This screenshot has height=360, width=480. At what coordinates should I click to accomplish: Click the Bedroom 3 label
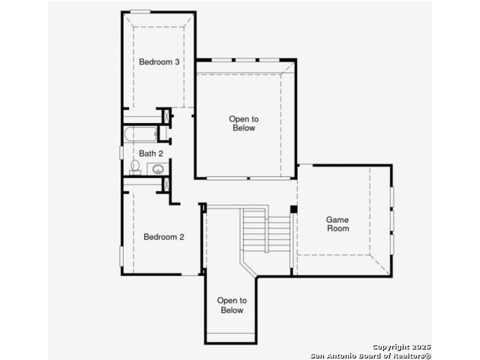pyautogui.click(x=159, y=61)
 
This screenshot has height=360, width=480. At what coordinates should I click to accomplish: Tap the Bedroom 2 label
pyautogui.click(x=163, y=237)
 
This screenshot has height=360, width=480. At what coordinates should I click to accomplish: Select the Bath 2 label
pyautogui.click(x=151, y=153)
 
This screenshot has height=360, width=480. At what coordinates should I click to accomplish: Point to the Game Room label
pyautogui.click(x=337, y=223)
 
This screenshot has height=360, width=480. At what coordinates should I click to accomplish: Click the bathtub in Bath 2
pyautogui.click(x=140, y=134)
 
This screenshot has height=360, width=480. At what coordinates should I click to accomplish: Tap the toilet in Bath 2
pyautogui.click(x=135, y=167)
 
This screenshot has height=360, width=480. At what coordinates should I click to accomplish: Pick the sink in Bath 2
pyautogui.click(x=158, y=169)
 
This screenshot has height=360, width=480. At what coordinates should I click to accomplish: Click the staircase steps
pyautogui.click(x=265, y=229)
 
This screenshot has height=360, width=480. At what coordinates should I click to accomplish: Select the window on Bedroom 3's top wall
pyautogui.click(x=140, y=12)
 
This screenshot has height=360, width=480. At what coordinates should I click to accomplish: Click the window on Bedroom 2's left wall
pyautogui.click(x=121, y=256)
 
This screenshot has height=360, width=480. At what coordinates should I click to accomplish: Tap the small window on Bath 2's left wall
pyautogui.click(x=121, y=153)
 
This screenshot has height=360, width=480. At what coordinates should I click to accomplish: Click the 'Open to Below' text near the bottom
pyautogui.click(x=232, y=305)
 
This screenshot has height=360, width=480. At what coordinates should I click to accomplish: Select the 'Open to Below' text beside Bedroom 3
pyautogui.click(x=244, y=123)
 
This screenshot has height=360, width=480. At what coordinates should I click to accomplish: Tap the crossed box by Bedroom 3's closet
pyautogui.click(x=166, y=117)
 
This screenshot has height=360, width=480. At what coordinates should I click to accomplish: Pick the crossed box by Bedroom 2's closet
pyautogui.click(x=166, y=184)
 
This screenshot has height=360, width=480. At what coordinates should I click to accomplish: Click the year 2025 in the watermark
pyautogui.click(x=421, y=346)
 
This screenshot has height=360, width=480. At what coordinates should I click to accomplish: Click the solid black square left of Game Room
pyautogui.click(x=293, y=209)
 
